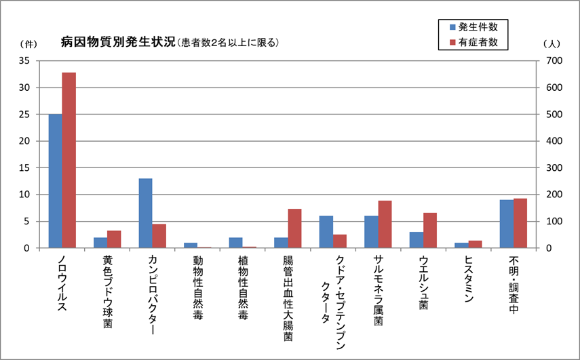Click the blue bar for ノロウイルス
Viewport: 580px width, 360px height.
55,181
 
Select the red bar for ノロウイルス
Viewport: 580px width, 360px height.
69,160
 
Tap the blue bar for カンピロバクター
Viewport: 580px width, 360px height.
145,213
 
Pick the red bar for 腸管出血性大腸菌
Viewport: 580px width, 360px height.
294,228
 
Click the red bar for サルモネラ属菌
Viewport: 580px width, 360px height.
385,224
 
